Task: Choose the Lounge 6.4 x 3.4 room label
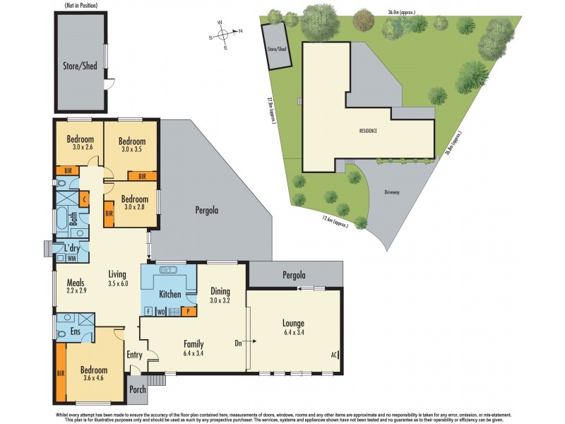pyautogui.click(x=293, y=328)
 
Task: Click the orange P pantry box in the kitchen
pyautogui.click(x=189, y=311)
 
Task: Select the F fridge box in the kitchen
pyautogui.click(x=148, y=311)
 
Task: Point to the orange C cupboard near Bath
pyautogui.click(x=84, y=200)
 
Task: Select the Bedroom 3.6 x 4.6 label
pyautogui.click(x=93, y=374)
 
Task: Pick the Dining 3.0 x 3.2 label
pyautogui.click(x=221, y=294)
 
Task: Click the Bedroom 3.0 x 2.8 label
pyautogui.click(x=134, y=203)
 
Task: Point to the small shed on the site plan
pyautogui.click(x=275, y=47)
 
